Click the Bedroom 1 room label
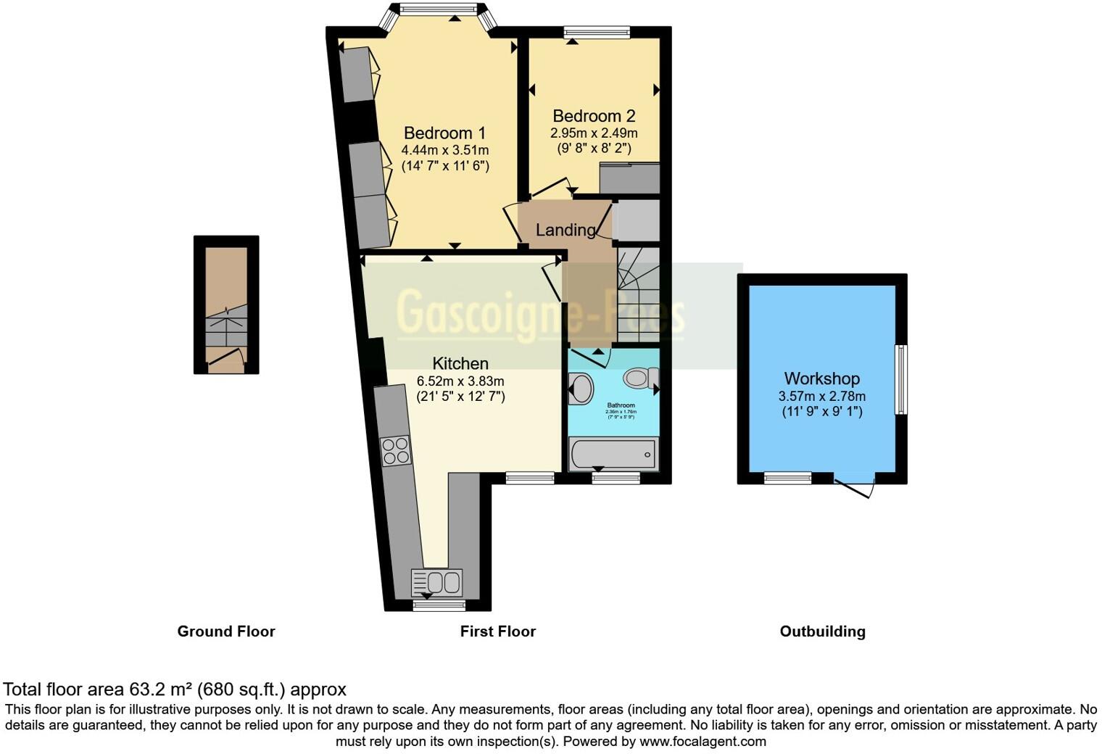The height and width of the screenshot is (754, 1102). (x=444, y=133)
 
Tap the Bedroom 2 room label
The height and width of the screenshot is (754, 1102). (x=594, y=116)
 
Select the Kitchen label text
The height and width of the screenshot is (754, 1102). (x=460, y=364)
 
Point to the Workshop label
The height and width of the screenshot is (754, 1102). (x=821, y=378)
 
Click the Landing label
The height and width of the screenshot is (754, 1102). (x=565, y=230)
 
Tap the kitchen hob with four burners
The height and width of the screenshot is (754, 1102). (x=395, y=451)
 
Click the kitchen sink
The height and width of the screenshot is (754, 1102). (x=437, y=581)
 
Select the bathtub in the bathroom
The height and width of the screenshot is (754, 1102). (x=613, y=455)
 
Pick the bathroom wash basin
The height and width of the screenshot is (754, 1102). (x=580, y=389)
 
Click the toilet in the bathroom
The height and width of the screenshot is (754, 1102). (x=641, y=377)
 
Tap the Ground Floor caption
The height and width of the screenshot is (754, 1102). (x=226, y=631)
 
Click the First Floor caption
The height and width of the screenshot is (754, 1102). (x=497, y=631)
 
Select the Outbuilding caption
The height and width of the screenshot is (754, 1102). (x=822, y=631)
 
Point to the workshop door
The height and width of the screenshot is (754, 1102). (x=856, y=486)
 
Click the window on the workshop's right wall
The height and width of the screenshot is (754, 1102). (x=900, y=379)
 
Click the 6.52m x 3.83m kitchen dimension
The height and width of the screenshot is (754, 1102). (x=460, y=381)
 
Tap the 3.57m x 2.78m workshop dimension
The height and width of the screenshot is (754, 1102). (x=821, y=396)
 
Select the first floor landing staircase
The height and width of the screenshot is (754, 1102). (x=638, y=294)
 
